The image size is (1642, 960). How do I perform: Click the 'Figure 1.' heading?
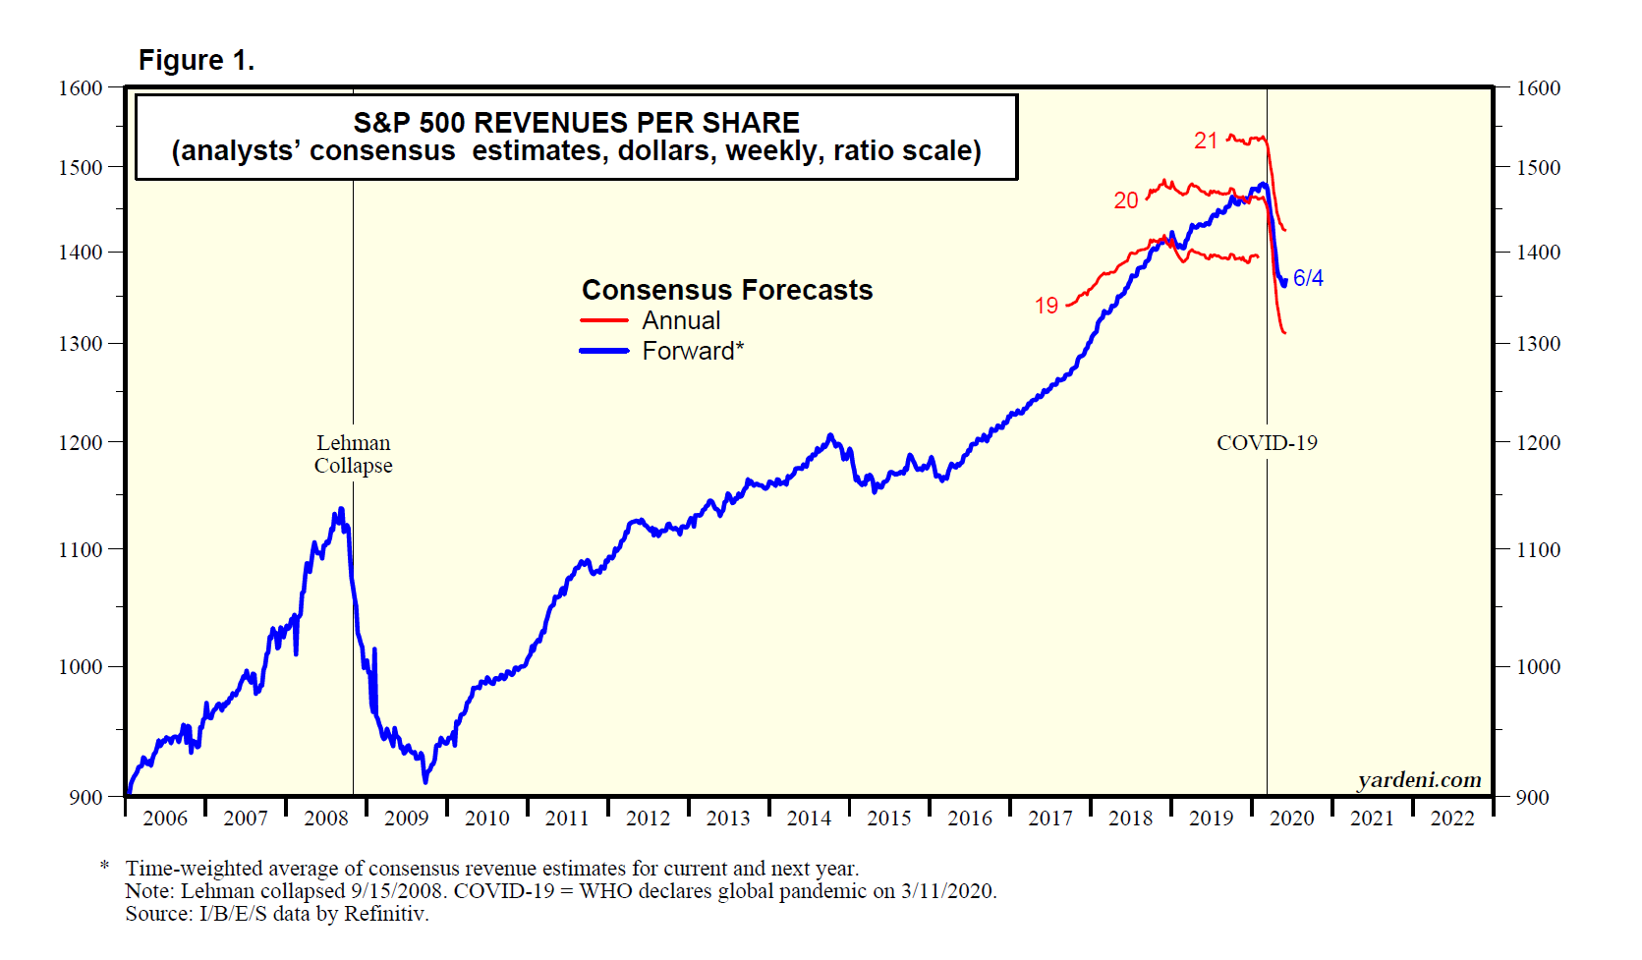pos(197,61)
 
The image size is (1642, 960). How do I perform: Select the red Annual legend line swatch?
pos(603,320)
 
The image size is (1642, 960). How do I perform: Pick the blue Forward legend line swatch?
pos(603,351)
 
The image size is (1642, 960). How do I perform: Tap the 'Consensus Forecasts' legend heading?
pos(727,290)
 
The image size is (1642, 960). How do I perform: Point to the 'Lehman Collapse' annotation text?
pos(353,454)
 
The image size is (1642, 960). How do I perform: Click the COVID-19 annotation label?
pos(1267,443)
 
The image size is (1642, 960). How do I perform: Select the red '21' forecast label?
pos(1206,141)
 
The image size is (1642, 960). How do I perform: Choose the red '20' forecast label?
pos(1125,200)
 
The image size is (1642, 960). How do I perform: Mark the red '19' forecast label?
pos(1046,306)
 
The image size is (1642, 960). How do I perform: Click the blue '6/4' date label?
pos(1308,278)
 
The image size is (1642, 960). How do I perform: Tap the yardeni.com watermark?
pos(1419,780)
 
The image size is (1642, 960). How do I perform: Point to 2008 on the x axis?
pos(325,819)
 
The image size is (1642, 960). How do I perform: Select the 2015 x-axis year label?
pos(888,819)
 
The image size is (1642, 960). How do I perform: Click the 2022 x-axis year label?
pos(1451,819)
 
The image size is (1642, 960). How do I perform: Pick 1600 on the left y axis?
pos(81,88)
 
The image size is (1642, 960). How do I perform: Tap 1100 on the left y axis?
pos(81,550)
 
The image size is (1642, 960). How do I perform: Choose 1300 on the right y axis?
pos(1538,344)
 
